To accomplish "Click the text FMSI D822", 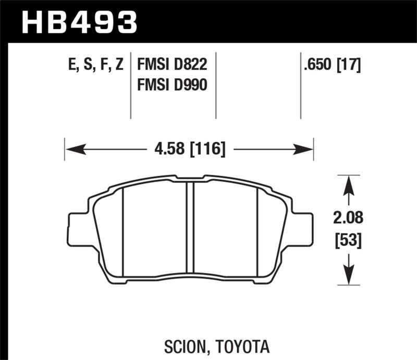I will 173,65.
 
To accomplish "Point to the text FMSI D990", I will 173,85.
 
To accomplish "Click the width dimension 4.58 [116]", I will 190,150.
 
